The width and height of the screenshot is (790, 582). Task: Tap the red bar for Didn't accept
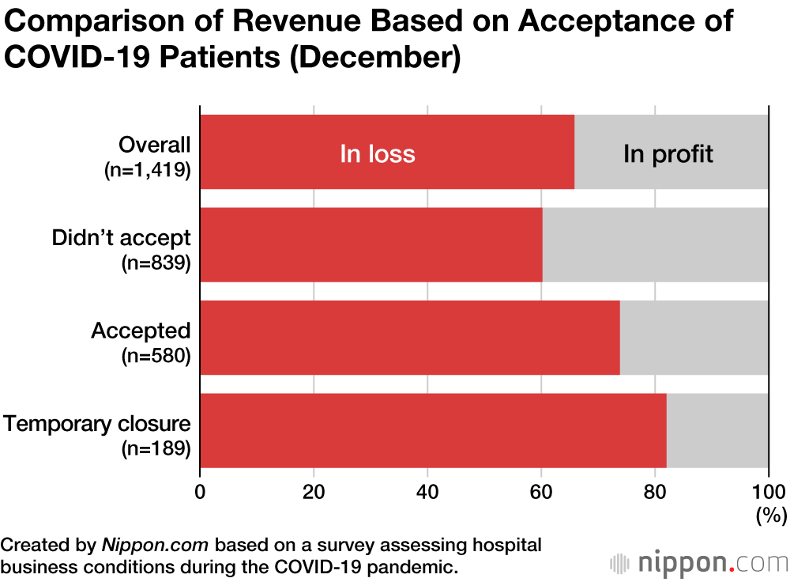pos(371,244)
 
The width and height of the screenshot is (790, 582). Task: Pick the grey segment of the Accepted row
pos(694,338)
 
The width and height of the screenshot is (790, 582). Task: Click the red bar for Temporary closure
pos(433,430)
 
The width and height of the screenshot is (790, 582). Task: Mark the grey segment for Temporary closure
pos(717,430)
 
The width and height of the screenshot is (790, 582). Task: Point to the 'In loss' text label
pos(378,153)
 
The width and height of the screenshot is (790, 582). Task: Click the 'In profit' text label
pos(668,153)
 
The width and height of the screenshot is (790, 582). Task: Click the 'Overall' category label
pos(155,145)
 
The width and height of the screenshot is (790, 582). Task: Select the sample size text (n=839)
pos(156,263)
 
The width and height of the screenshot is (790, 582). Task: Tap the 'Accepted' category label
pos(141,331)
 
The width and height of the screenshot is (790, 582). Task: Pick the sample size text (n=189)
pos(156,449)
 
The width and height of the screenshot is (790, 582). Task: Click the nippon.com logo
pos(699,563)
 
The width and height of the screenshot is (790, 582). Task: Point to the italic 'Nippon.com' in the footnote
pos(156,545)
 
